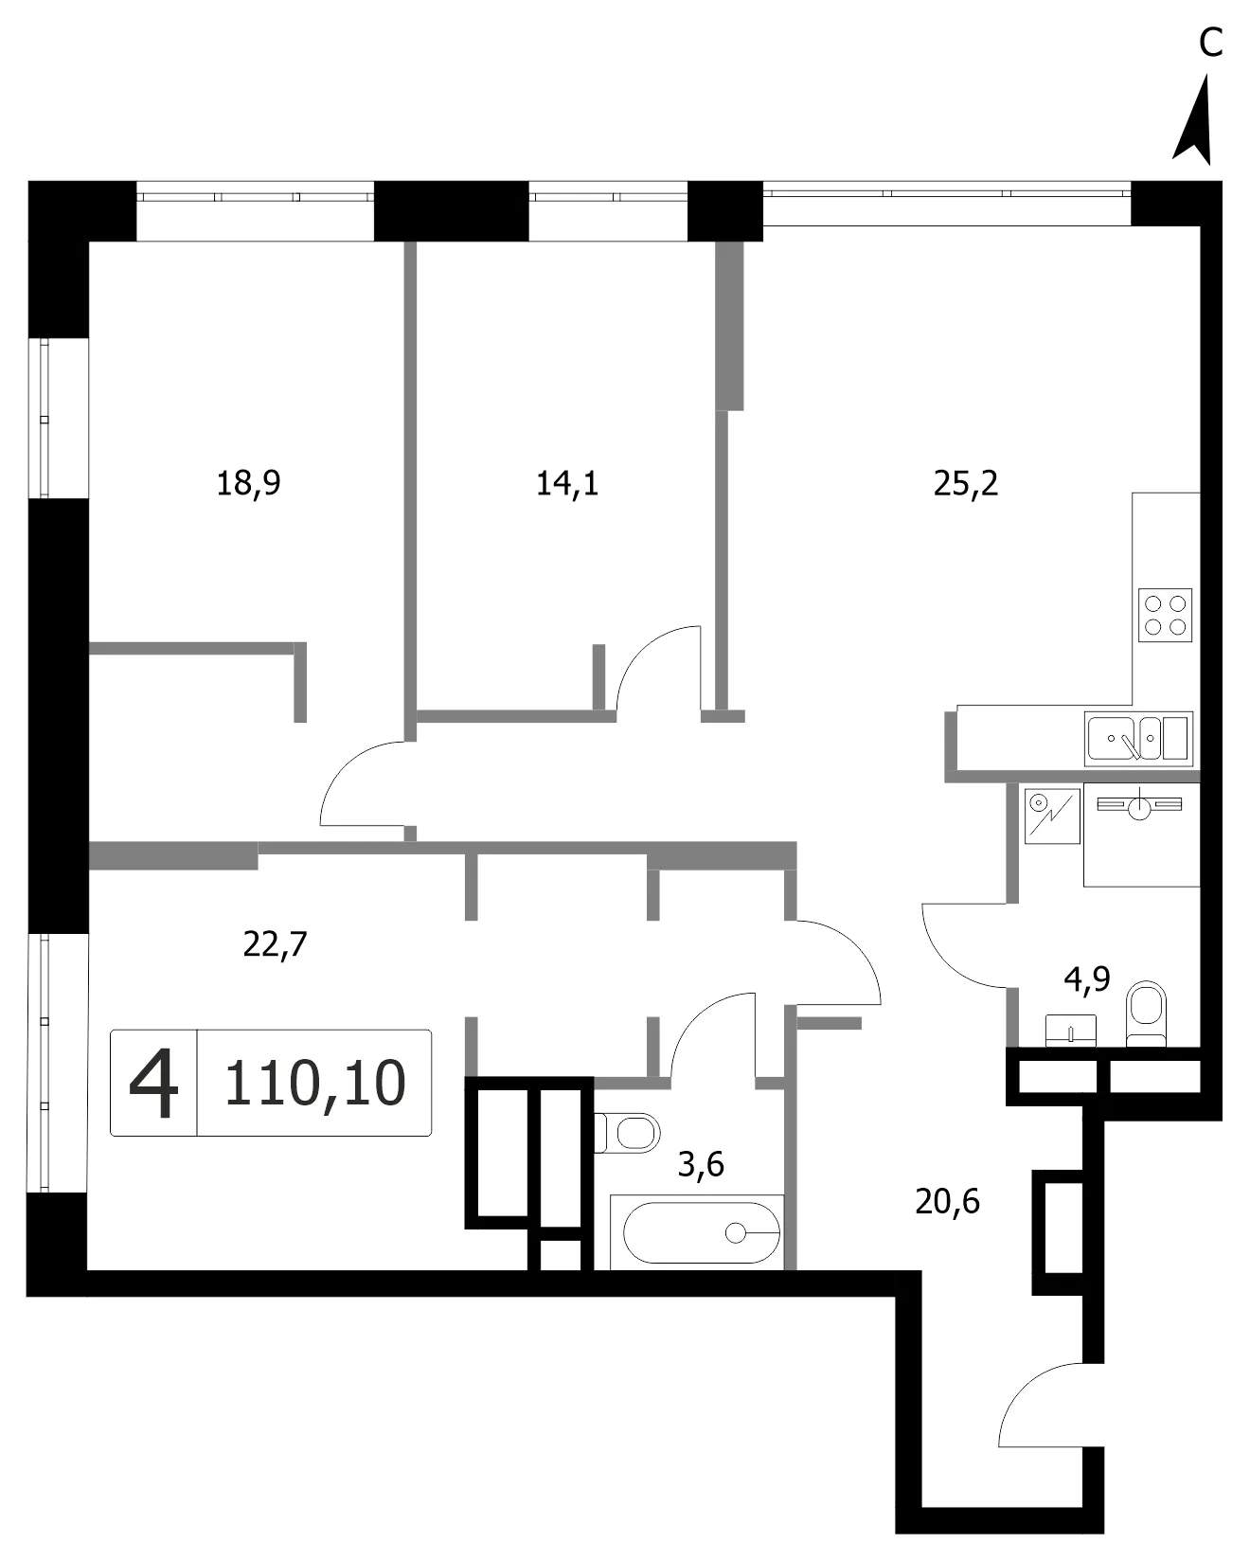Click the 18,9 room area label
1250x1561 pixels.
pos(249,484)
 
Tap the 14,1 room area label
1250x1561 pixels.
pos(567,484)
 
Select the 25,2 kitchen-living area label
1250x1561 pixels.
pos(966,484)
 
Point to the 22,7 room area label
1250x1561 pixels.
pos(276,944)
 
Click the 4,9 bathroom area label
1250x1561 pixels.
pos(1087,978)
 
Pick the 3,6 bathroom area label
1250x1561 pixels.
pos(701,1163)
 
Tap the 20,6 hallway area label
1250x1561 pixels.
pos(947,1201)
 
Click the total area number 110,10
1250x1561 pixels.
pos(315,1083)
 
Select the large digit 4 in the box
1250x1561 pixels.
pos(153,1084)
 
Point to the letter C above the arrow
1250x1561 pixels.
pos(1210,42)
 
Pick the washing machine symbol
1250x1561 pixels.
pos(1051,816)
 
